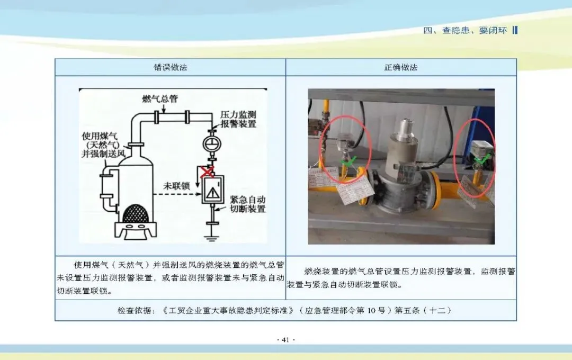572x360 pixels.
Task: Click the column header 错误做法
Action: tap(171, 68)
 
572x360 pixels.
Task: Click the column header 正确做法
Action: tap(401, 68)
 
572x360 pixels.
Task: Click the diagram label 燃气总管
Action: tap(160, 100)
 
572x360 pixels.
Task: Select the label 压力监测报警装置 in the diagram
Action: tap(238, 119)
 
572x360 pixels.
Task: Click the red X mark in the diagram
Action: tap(207, 171)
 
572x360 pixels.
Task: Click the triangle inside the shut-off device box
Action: tap(213, 193)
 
